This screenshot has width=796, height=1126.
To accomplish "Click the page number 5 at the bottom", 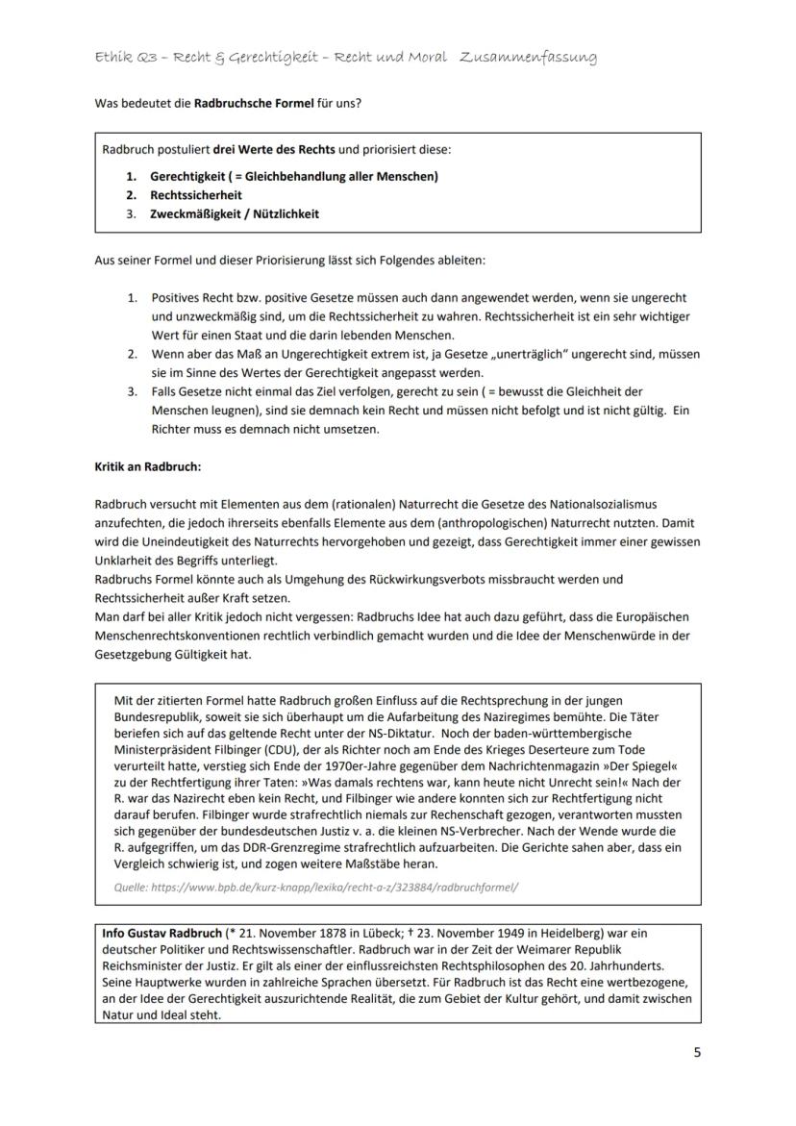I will (x=697, y=1052).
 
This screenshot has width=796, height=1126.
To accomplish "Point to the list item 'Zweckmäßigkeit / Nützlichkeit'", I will (x=234, y=214).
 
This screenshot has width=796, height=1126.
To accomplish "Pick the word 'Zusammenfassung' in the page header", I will (x=528, y=58).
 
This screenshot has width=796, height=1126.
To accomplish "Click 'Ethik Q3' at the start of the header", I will (x=120, y=58).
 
